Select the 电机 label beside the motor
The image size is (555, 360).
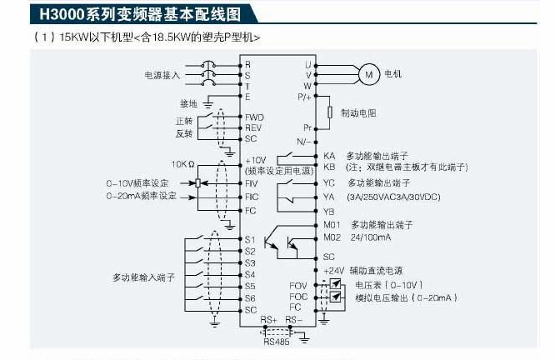click(x=392, y=74)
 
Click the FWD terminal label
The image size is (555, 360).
click(x=253, y=117)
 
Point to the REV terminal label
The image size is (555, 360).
click(x=253, y=127)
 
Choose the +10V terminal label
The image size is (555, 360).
click(x=255, y=160)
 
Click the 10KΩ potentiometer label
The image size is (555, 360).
click(x=183, y=164)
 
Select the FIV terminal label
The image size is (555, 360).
click(x=252, y=182)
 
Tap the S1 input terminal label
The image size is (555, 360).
click(x=250, y=240)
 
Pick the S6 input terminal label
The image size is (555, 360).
click(x=250, y=297)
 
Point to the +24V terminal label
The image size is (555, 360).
click(x=332, y=270)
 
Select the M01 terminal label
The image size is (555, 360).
click(x=332, y=225)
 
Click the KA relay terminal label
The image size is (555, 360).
click(x=329, y=156)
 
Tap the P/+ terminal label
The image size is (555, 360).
click(x=304, y=97)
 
